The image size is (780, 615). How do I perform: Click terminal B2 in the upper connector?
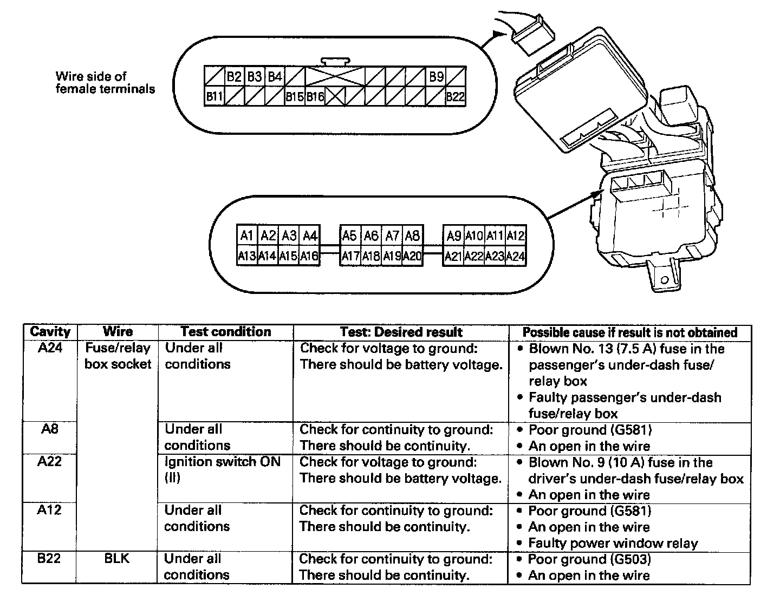pos(234,76)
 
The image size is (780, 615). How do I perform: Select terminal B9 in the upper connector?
pos(437,76)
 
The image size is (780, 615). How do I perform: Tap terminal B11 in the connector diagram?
pos(214,97)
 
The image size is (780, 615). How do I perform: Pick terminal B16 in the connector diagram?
pos(315,97)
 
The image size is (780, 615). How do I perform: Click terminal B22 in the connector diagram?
pos(456,97)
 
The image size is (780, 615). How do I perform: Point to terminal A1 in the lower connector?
pos(247,235)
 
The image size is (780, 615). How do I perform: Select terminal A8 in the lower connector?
pos(413,235)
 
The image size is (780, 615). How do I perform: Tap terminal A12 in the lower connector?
pos(516,235)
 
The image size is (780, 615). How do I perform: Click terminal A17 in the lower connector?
pos(350,256)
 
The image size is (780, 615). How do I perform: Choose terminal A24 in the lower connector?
pos(516,256)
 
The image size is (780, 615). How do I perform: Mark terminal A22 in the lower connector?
pos(474,256)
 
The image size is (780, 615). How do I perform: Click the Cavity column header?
pos(50,332)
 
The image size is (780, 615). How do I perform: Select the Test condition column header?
pos(225,332)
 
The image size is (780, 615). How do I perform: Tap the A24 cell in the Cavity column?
pos(50,348)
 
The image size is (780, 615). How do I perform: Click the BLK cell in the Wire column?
pos(117,559)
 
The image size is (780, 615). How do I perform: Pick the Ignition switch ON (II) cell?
pos(223,470)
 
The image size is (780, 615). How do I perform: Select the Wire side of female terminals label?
pos(105,82)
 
